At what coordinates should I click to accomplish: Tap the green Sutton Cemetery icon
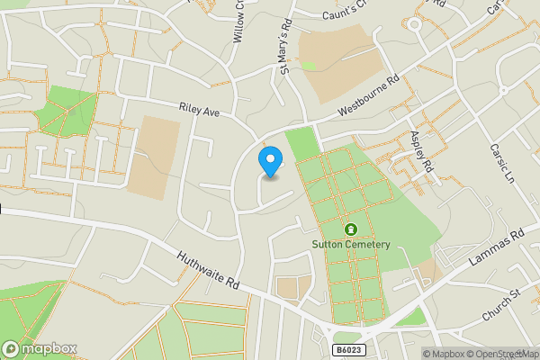pyautogui.click(x=350, y=229)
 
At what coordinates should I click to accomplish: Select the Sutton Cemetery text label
pyautogui.click(x=350, y=245)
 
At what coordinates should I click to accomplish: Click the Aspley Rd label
pyautogui.click(x=421, y=150)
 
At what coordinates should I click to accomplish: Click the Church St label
pyautogui.click(x=502, y=295)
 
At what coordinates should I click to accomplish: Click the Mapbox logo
pyautogui.click(x=40, y=348)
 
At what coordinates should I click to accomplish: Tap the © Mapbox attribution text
pyautogui.click(x=451, y=353)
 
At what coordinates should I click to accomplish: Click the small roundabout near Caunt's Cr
pyautogui.click(x=415, y=24)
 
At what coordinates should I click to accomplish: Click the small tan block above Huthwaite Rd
pyautogui.click(x=293, y=288)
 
